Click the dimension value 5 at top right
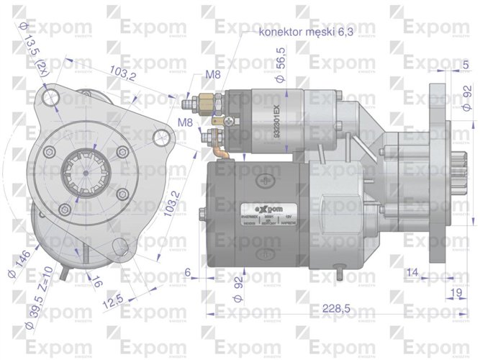[466, 66]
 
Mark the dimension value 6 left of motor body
[188, 271]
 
